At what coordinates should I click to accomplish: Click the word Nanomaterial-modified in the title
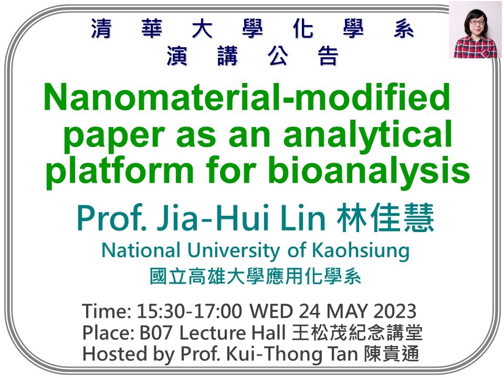pos(247,98)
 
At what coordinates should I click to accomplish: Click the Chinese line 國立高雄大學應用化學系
pos(256,277)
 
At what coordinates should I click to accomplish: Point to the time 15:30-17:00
pos(190,312)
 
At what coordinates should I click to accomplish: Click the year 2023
pos(393,312)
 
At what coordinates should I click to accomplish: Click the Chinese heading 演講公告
pos(252,56)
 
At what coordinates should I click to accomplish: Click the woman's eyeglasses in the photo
pos(476,22)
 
